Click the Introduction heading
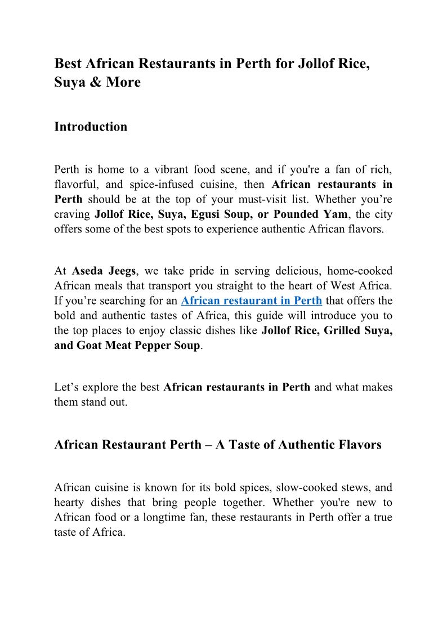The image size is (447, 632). [x=91, y=127]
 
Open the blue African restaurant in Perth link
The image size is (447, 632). [x=251, y=301]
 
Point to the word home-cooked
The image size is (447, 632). [x=360, y=271]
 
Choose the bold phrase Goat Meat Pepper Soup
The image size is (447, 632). [x=127, y=345]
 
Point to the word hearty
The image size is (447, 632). [x=69, y=502]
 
